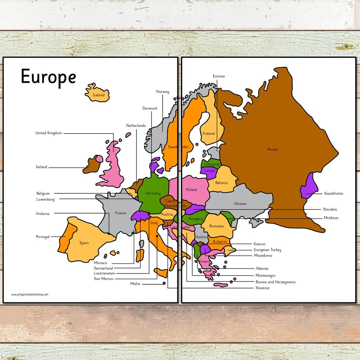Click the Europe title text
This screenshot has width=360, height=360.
click(48, 77)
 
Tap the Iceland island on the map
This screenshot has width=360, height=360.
click(97, 93)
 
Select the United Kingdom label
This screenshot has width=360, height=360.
click(49, 133)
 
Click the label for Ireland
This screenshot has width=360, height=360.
click(42, 167)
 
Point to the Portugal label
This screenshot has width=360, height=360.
click(43, 237)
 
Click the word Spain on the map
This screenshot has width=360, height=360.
click(84, 243)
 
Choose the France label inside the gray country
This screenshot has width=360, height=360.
click(120, 213)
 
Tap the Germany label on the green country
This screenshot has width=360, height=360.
click(153, 193)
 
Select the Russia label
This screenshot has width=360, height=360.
click(273, 149)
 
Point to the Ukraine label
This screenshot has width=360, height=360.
click(240, 204)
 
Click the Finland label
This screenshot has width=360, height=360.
click(209, 134)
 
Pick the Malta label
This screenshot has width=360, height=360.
click(135, 284)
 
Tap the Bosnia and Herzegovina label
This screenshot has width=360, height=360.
click(275, 282)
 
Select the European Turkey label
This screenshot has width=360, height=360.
click(267, 250)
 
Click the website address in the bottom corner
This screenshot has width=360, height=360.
click(30, 295)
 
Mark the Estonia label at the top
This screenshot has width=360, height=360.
click(219, 76)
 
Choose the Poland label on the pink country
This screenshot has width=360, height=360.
click(191, 190)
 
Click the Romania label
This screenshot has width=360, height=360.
click(217, 226)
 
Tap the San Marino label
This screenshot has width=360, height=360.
click(103, 279)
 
